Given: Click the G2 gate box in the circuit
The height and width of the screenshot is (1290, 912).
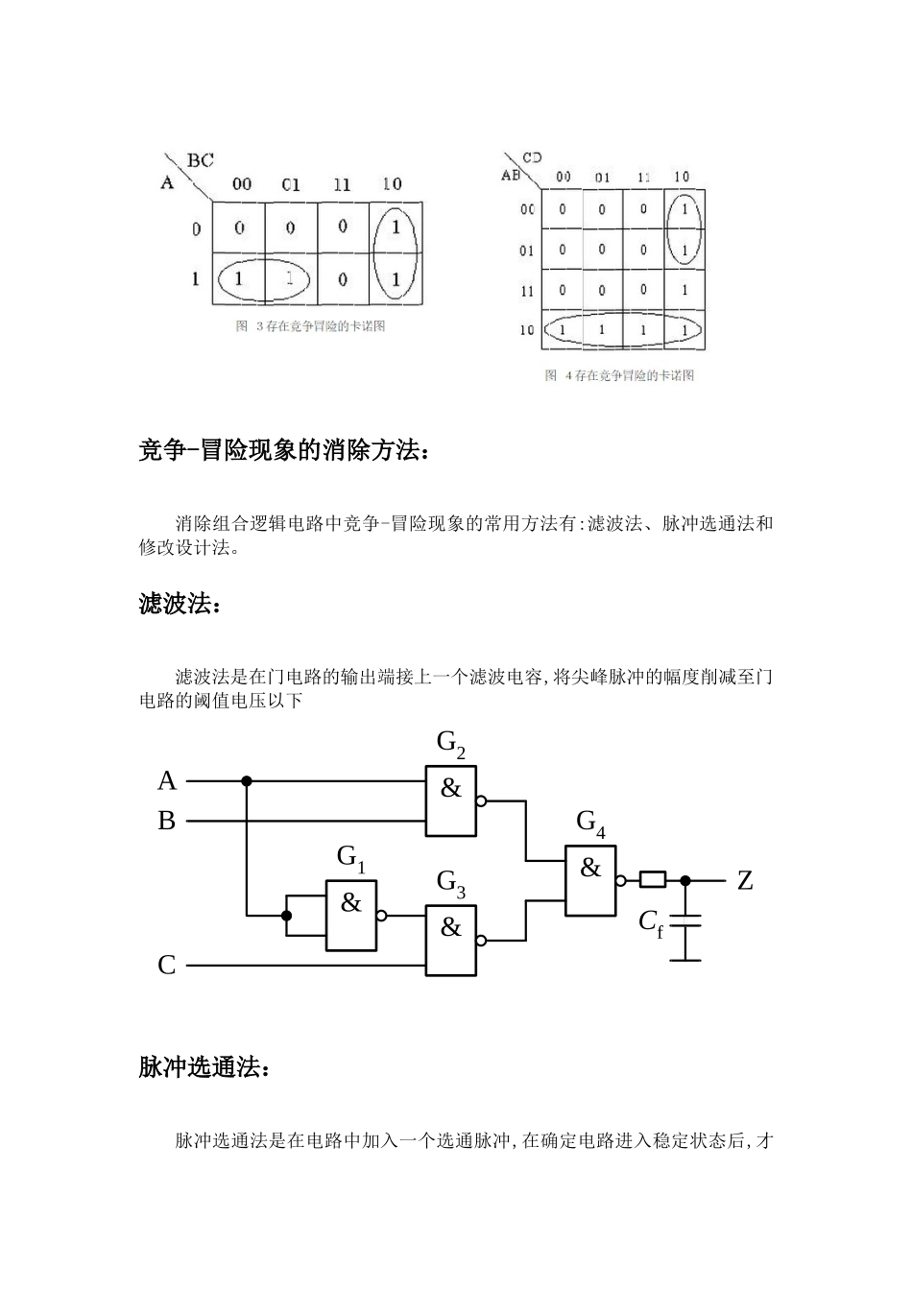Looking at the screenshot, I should point(451,800).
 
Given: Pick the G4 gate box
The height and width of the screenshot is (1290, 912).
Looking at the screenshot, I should point(590,880).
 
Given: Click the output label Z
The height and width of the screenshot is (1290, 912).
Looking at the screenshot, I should point(745,880).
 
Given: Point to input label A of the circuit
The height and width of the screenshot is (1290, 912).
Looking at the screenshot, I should point(167,781).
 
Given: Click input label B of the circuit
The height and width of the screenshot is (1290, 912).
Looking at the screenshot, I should point(167,822).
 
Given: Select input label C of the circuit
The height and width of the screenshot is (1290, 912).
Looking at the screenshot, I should point(167,965).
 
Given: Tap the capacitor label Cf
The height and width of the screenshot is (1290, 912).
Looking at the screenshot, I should point(651,922).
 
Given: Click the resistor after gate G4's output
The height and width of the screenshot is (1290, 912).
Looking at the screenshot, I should point(653,879).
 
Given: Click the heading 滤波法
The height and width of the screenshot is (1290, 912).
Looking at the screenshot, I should point(180,604).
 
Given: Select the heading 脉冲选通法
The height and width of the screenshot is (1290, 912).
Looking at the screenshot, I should point(204,1066).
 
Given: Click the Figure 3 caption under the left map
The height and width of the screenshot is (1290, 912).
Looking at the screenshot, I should point(310,326).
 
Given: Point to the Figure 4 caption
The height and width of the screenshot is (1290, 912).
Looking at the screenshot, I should point(619,375).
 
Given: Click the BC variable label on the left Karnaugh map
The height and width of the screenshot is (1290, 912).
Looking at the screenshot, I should point(200,160).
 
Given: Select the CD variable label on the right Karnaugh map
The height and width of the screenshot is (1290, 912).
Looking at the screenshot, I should point(532,157).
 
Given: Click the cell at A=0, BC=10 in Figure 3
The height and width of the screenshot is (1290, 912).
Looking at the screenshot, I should point(396,228).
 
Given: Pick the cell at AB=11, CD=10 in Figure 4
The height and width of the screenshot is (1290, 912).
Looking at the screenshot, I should point(684,290).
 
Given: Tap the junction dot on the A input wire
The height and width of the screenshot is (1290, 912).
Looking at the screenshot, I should point(247,781).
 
